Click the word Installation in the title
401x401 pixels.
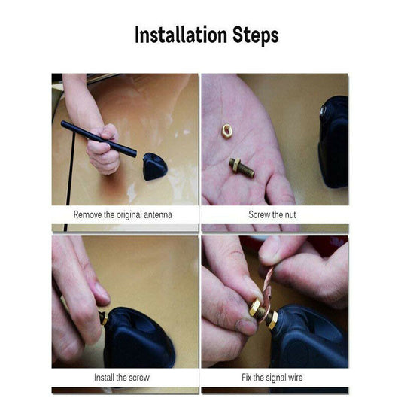click(181, 35)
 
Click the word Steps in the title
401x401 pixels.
click(256, 36)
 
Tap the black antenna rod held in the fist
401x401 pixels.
click(99, 139)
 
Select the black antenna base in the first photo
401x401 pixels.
click(155, 166)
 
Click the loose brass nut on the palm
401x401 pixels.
click(226, 131)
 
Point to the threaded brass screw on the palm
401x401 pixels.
click(242, 168)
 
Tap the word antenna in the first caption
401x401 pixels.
click(158, 215)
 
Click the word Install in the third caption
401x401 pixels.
click(104, 378)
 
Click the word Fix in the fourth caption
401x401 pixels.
click(246, 378)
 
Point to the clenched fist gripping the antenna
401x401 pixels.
click(104, 150)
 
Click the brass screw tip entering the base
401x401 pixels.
click(104, 318)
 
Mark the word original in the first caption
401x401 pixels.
click(129, 215)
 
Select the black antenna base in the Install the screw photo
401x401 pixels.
click(139, 339)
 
